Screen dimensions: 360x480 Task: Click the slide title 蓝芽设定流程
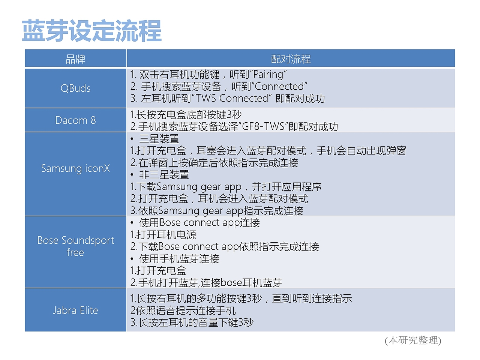(92, 31)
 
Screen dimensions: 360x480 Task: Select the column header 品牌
(75, 59)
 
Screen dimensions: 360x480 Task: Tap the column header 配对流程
(291, 59)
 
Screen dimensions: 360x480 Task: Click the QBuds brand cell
(75, 88)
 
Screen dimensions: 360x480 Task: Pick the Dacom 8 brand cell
(75, 120)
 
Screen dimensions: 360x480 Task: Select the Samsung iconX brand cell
(75, 168)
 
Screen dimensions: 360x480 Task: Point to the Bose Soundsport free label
(75, 246)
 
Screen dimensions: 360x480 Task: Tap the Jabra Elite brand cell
(75, 310)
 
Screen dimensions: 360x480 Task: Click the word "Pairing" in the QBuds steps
(268, 74)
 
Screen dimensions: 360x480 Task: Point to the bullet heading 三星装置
(159, 139)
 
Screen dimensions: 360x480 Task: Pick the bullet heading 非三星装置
(164, 175)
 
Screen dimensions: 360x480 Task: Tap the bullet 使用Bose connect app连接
(199, 223)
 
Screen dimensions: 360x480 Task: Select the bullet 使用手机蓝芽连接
(179, 259)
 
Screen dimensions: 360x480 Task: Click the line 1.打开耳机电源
(163, 235)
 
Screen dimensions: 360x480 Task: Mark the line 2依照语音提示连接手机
(183, 310)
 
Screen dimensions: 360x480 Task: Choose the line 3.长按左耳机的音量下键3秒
(192, 322)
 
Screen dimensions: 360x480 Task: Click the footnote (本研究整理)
(413, 340)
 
